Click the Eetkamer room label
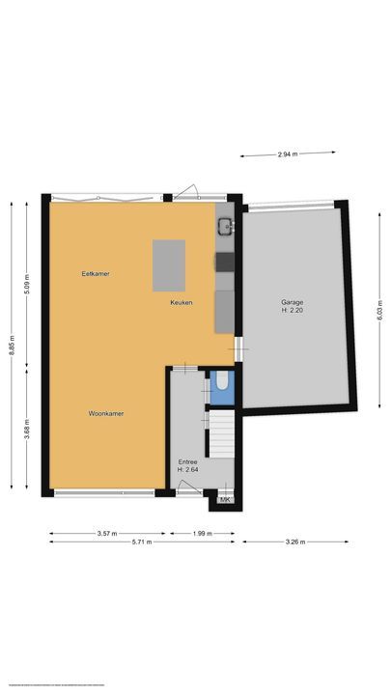(96, 274)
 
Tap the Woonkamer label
(106, 413)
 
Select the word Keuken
(182, 303)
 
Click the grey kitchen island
(168, 264)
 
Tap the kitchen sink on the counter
(224, 227)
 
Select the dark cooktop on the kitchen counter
(224, 261)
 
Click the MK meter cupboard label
(225, 499)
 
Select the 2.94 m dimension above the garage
(288, 153)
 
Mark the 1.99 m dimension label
(201, 532)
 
